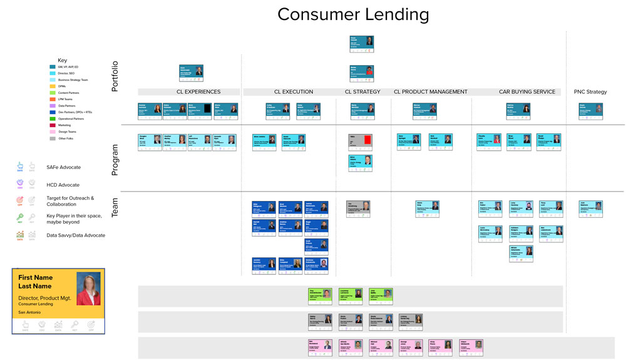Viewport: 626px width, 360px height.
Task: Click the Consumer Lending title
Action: pos(353,14)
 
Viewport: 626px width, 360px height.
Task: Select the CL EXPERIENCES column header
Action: pos(198,92)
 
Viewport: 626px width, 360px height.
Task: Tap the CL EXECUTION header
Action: pos(293,92)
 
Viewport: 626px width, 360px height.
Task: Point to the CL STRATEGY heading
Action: pos(362,92)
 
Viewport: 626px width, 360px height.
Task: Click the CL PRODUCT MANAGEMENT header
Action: pos(430,92)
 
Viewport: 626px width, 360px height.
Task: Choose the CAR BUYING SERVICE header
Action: pos(526,92)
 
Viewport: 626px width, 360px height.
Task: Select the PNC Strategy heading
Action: pos(590,92)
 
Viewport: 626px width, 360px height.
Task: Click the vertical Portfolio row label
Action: pos(115,76)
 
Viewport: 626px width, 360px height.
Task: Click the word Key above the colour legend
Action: pos(62,61)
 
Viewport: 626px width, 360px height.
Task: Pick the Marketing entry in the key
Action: pos(65,125)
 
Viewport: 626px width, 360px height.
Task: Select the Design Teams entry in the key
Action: pos(67,131)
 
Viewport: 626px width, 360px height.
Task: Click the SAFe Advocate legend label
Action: pos(63,167)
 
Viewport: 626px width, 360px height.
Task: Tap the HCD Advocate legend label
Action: pos(63,185)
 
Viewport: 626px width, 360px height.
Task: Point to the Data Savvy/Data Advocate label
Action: pos(76,235)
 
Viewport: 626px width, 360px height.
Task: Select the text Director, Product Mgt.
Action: pos(44,298)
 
